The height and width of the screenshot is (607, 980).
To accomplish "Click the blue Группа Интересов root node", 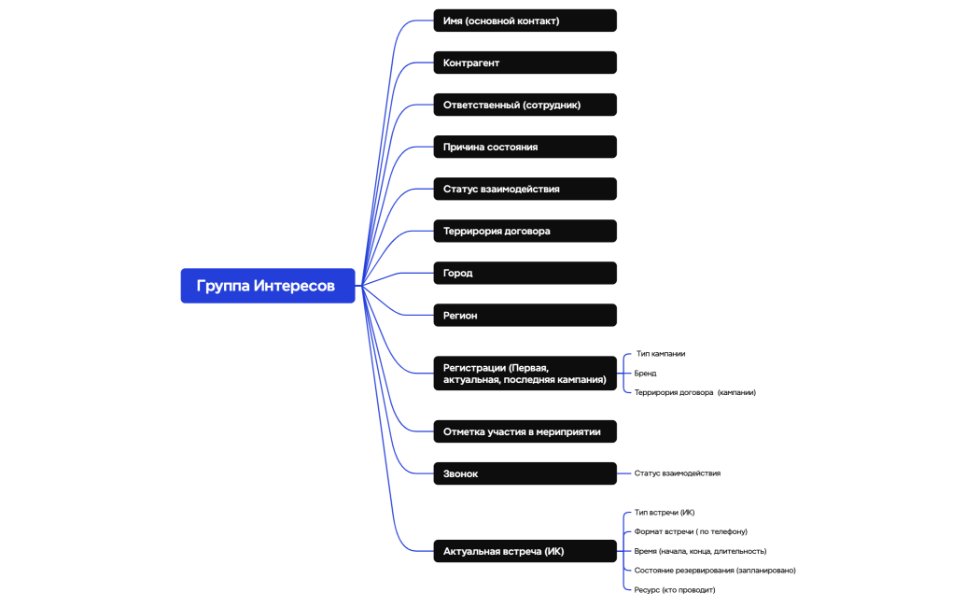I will tap(268, 286).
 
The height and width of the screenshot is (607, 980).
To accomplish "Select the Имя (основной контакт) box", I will tap(525, 21).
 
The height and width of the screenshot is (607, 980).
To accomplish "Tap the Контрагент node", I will tap(525, 63).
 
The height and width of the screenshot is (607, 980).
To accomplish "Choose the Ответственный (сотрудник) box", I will tap(525, 105).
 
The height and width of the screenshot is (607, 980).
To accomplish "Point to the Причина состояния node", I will tap(525, 147).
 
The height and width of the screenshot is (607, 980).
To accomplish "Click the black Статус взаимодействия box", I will tap(525, 189).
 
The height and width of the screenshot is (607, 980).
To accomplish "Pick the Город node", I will tap(525, 273).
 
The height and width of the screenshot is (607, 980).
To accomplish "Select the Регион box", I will tap(525, 316).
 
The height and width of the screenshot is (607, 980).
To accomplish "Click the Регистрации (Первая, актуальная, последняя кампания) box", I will tap(525, 374).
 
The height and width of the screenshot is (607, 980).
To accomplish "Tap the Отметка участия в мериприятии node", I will tap(525, 431).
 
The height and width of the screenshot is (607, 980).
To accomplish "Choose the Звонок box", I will tap(525, 473).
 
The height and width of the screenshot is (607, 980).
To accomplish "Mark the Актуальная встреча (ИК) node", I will tap(525, 551).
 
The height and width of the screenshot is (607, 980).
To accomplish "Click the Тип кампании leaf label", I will tap(661, 354).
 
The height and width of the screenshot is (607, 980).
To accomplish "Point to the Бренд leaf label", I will tap(646, 374).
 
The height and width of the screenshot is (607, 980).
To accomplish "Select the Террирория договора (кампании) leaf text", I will tap(695, 392).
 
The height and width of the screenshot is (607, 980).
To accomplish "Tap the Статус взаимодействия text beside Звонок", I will tap(678, 473).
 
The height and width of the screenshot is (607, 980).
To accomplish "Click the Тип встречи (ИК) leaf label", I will tap(665, 512).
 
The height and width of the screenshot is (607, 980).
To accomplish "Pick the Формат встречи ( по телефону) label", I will tap(691, 531).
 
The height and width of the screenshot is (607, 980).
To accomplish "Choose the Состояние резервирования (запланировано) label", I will tap(715, 570).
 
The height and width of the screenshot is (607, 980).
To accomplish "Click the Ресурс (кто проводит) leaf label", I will tap(675, 589).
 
